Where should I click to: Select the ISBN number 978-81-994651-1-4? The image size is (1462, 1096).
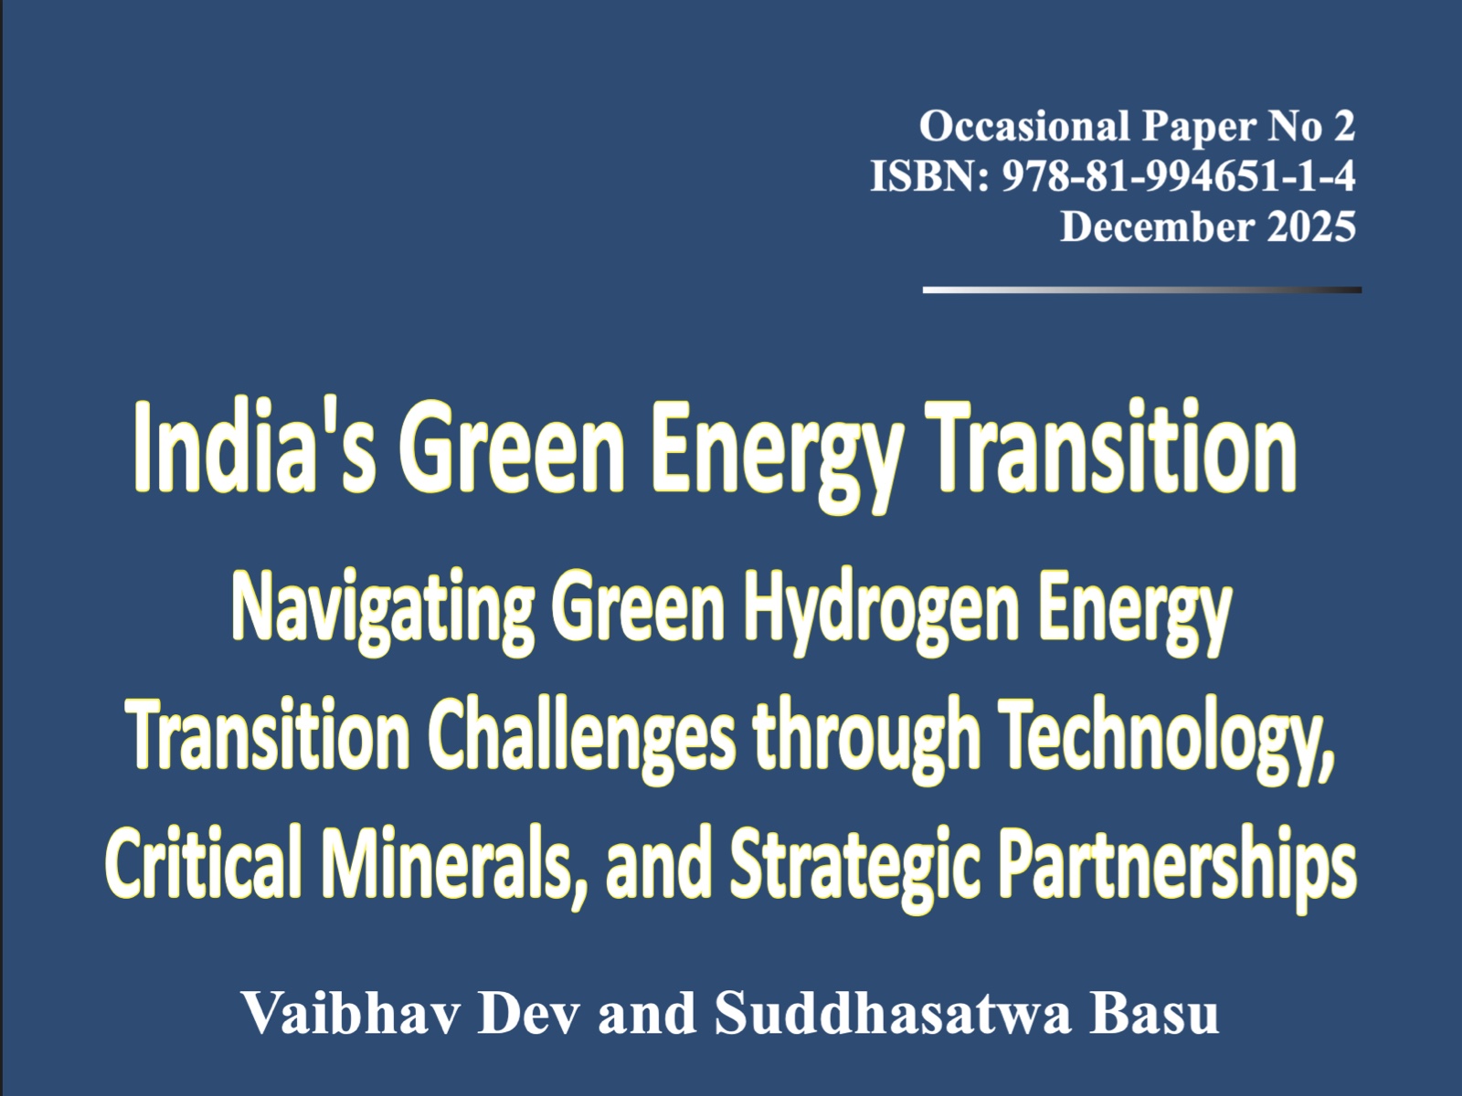(1179, 176)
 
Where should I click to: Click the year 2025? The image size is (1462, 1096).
(1311, 227)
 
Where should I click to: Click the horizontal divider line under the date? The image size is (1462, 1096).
(1142, 290)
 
